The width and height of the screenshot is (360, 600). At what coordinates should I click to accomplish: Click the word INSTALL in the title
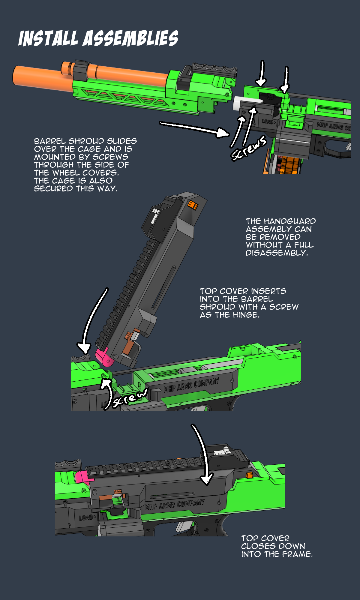(48, 38)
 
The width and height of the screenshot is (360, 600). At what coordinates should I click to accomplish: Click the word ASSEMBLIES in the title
(130, 38)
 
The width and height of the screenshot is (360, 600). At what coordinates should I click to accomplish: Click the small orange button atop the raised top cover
(193, 205)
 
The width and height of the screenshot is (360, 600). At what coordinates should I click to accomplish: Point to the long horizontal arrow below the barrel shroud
(193, 127)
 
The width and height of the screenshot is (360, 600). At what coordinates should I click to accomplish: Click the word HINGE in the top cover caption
(245, 315)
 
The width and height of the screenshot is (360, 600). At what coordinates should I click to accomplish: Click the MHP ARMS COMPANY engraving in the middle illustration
(191, 385)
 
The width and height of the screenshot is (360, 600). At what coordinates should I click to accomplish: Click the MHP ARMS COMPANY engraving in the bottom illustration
(175, 505)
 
